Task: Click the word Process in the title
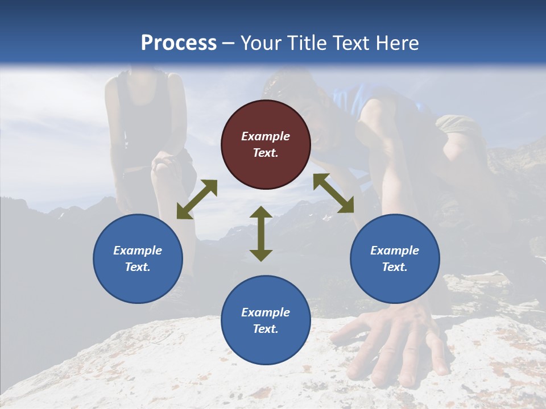(179, 43)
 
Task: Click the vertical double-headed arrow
(261, 233)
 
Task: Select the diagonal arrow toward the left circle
(197, 199)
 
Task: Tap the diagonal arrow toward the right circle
(333, 193)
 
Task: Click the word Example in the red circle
(266, 136)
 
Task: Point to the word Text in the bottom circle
(266, 329)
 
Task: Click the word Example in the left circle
(138, 251)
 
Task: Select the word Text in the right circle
(395, 267)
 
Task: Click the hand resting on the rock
(392, 341)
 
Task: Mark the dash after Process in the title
(229, 44)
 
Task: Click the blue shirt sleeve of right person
(347, 99)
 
